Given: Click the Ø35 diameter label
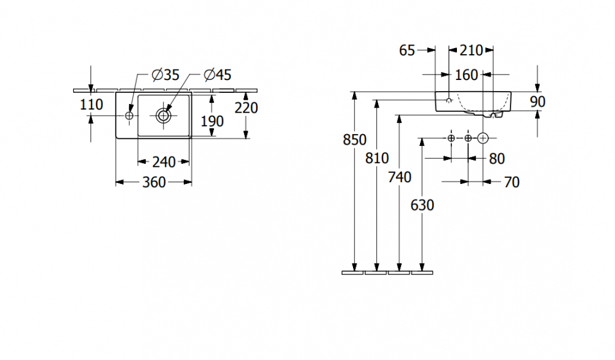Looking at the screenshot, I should point(165,75).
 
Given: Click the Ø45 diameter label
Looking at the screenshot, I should point(217,75).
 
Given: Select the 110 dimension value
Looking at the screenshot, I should point(92,105).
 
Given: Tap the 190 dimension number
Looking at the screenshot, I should point(212,121).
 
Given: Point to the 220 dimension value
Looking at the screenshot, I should point(246,108).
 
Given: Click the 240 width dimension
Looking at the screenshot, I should point(163,162).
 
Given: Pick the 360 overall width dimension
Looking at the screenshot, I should point(153,182).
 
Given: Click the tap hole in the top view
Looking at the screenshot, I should point(129,115).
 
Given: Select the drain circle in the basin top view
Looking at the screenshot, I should point(164,115).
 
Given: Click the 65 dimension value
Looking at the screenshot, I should point(407,50).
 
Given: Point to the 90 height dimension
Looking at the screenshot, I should point(538,102).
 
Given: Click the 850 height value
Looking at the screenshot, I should point(354,140).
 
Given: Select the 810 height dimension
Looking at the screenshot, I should point(377,158).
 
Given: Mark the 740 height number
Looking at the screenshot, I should point(400,177).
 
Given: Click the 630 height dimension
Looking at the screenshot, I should point(423,205).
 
